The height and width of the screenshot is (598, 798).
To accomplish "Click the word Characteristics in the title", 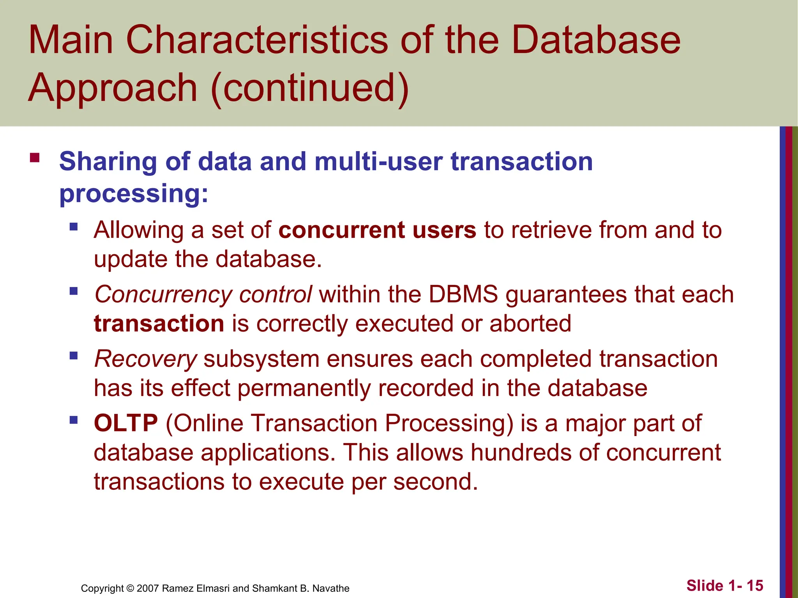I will pos(257,40).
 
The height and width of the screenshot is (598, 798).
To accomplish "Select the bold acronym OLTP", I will pos(126,423).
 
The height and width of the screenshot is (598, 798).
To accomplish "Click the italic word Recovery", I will pos(145,359).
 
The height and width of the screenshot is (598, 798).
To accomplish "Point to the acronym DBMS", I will pos(463,294).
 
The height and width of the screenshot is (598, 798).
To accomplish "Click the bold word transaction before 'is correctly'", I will pos(159,324).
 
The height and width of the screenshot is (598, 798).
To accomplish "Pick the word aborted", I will pos(530,324).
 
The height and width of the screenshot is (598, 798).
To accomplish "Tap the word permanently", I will pos(304,388).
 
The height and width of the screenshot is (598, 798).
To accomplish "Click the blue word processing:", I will pos(134,193).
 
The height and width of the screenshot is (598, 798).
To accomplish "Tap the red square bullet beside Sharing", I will pos(35,158).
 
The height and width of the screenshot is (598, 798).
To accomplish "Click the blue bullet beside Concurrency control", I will pos(74,291).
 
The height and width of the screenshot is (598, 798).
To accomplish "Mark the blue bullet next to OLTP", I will pos(74,420).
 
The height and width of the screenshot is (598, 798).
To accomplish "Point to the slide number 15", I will pos(755,586).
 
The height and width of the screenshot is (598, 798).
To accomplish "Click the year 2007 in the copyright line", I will pos(148,588).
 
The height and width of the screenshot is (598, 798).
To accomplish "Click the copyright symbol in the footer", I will pos(130,588).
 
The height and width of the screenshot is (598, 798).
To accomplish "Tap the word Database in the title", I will pos(596,40).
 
